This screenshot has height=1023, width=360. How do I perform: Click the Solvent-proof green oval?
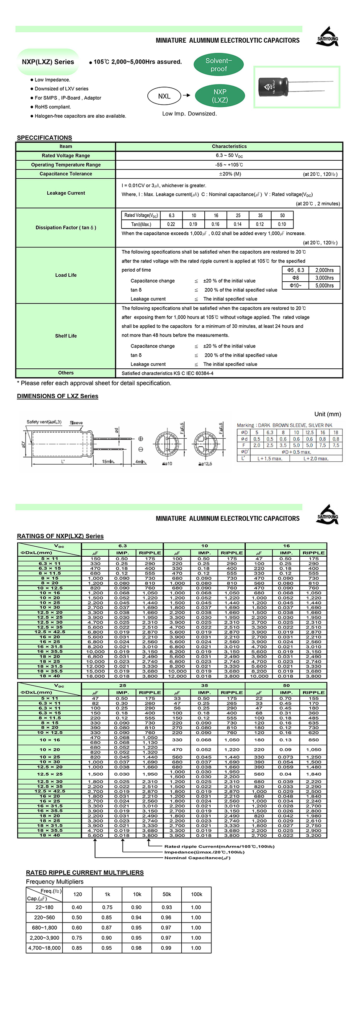coord(219,65)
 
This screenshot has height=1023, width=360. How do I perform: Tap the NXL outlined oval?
coord(164,96)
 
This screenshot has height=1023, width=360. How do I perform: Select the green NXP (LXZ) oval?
coord(220,96)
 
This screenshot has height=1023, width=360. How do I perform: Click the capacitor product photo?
coord(296,87)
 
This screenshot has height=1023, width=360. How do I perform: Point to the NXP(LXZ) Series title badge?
coord(48,62)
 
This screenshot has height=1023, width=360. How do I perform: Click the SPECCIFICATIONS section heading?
coord(44,138)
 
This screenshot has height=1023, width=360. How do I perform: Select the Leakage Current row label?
coord(66,193)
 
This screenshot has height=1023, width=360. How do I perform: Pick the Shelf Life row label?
coord(66,336)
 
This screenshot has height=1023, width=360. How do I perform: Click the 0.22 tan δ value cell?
coord(171,224)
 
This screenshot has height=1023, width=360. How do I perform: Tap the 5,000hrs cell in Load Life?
coord(324,285)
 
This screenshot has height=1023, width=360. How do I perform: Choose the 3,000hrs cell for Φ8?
coord(324,278)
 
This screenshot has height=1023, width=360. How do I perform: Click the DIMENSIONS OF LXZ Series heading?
coord(57,396)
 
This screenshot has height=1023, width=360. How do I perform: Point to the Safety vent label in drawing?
coord(44,422)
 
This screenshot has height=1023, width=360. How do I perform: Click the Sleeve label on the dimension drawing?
coord(76,423)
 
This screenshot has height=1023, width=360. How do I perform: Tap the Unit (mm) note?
coord(327,414)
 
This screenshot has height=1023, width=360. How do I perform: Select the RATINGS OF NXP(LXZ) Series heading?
coord(60,536)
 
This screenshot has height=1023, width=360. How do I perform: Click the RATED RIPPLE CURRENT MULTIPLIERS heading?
coord(85,873)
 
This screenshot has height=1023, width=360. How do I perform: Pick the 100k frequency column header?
coord(196,894)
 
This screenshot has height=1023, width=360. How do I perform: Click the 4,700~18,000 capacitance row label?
coord(44,948)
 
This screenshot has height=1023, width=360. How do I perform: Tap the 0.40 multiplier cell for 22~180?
coord(77,907)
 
